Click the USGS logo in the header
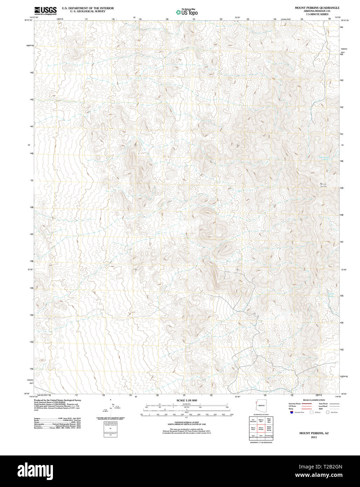coord(45,11)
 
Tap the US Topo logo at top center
coord(186,12)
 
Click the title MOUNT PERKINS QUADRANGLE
coord(317,8)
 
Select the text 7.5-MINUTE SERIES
coord(317,14)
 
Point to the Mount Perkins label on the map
coord(324,185)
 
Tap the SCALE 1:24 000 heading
coord(186,400)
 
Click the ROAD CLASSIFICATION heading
coord(314,400)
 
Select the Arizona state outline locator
coord(261,405)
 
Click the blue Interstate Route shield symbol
coord(291,412)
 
